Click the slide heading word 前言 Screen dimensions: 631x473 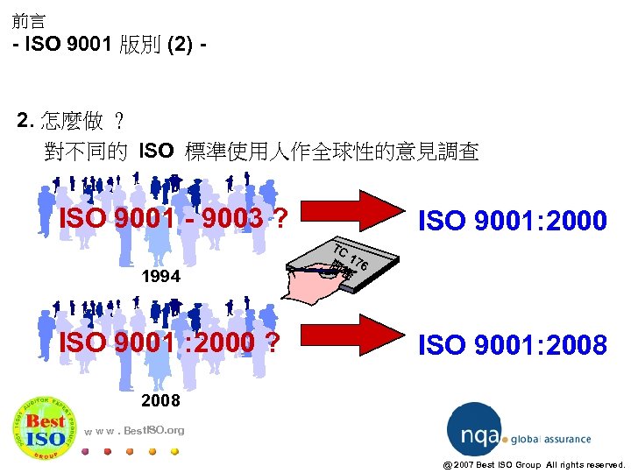28,20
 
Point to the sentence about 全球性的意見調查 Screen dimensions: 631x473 261,152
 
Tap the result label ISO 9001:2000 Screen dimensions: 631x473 514,221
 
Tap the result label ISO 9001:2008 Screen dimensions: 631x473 514,345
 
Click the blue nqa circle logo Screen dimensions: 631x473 474,429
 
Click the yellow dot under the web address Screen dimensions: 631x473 174,452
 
